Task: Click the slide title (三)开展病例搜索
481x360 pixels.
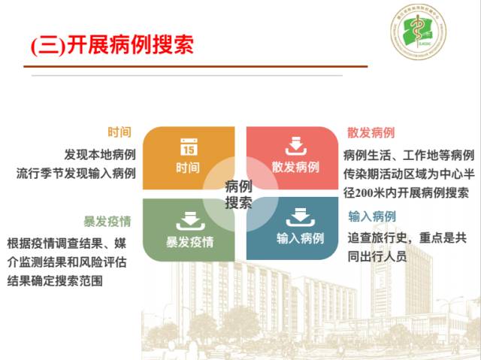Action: click(x=113, y=44)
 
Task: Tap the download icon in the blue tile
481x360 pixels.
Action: click(x=300, y=219)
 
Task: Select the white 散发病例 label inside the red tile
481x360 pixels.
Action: click(x=295, y=166)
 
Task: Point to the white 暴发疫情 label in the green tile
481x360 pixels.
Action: click(x=189, y=241)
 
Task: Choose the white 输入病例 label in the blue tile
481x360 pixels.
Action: click(x=300, y=239)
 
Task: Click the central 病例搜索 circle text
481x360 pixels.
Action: click(x=238, y=195)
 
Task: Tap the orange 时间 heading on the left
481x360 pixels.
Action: click(x=119, y=132)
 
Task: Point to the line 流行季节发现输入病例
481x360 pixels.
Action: click(x=76, y=174)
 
